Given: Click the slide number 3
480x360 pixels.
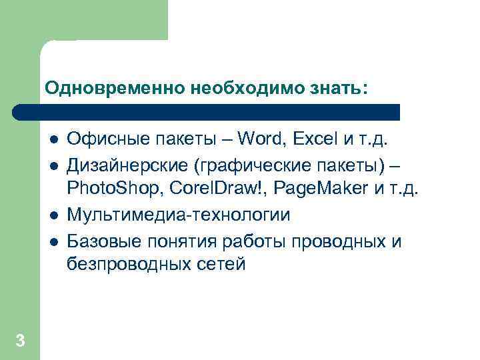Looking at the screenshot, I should point(20,341).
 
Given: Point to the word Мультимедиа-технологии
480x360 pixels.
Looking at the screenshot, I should point(179,215).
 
